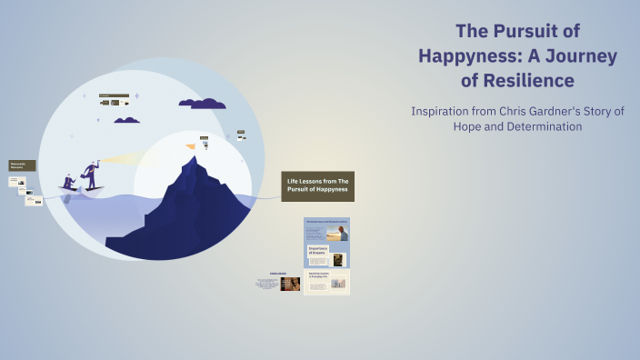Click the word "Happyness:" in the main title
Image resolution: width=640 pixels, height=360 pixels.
tap(468, 55)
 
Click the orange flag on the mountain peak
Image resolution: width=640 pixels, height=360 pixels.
tap(190, 145)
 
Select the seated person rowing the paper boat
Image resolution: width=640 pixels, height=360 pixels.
tap(69, 182)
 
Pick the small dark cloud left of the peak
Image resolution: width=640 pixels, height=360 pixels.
tap(126, 120)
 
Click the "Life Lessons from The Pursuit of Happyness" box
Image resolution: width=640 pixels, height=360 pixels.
tap(317, 186)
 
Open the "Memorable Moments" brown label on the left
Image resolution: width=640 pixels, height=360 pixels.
tap(22, 165)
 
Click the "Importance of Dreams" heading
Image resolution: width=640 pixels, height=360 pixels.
tap(322, 249)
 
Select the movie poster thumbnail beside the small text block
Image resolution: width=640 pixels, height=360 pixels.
tap(290, 284)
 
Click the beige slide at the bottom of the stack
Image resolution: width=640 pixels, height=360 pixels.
tap(326, 282)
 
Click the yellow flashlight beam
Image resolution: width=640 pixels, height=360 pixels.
tap(123, 160)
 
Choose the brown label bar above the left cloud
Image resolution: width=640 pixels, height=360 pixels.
tap(114, 95)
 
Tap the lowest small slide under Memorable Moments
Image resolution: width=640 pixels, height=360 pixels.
tap(34, 201)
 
